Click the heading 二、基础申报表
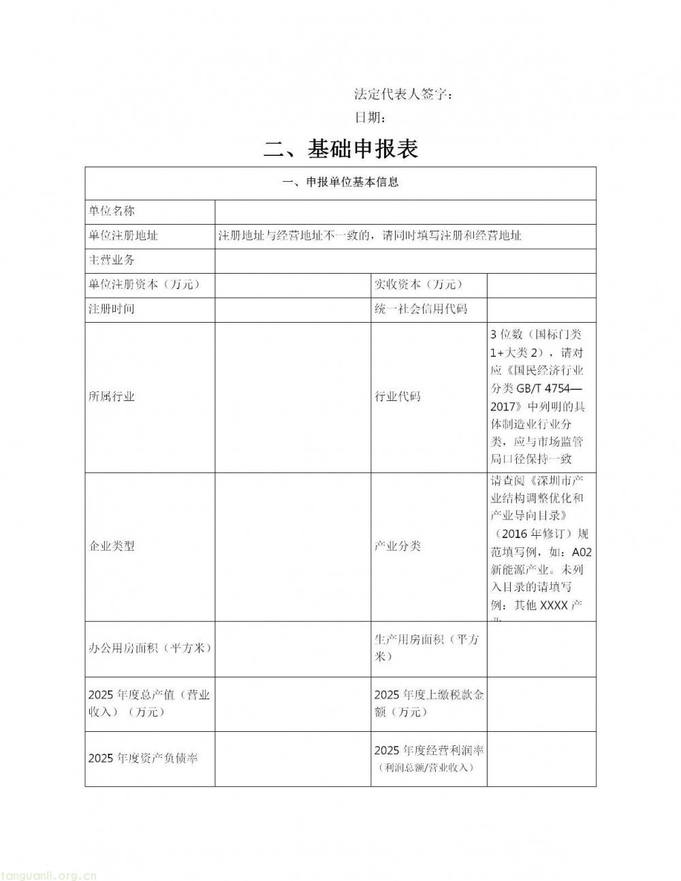point(340,148)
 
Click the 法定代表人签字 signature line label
point(404,94)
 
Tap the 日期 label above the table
point(372,117)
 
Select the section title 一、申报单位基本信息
point(340,182)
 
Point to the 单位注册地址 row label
point(123,236)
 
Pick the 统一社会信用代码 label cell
point(421,308)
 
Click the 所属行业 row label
point(112,396)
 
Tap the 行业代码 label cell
point(398,396)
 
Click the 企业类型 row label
point(112,546)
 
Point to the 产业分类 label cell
point(398,546)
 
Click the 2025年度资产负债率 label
point(143,758)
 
